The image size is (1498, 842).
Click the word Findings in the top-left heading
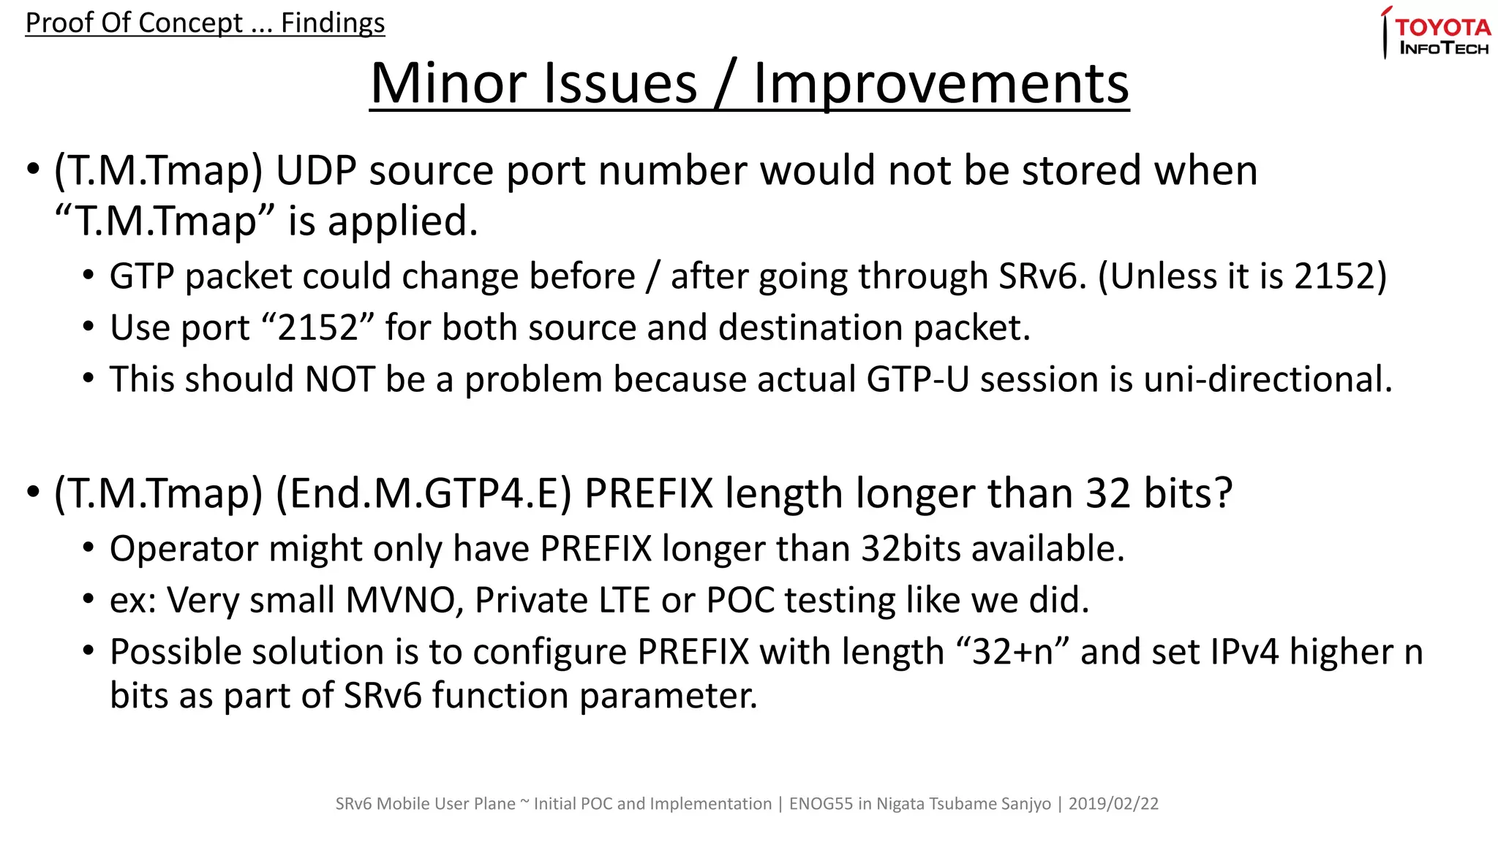coord(333,23)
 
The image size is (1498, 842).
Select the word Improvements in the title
coord(941,83)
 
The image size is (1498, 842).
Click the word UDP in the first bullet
coord(315,170)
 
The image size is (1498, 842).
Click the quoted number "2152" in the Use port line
coord(317,327)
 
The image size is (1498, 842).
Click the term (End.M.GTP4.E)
coord(424,493)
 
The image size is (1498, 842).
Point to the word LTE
coord(624,600)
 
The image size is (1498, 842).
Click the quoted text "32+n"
coord(1012,651)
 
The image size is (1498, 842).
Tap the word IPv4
coord(1244,651)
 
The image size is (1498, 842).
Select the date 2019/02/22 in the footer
coord(1113,804)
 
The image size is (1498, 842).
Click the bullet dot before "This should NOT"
coord(89,379)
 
